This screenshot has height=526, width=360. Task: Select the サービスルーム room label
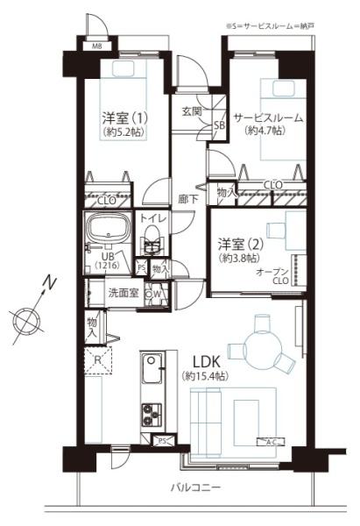[x=269, y=117]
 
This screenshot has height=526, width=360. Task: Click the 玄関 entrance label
[x=193, y=111]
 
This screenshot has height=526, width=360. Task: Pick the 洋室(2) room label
[x=239, y=244]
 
